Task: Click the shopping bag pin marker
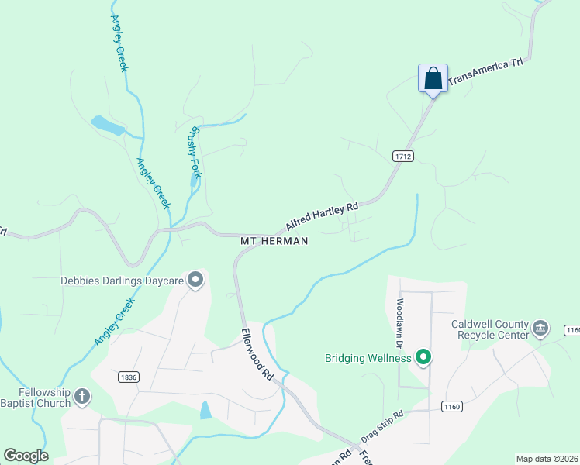(433, 78)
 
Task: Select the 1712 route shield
(402, 156)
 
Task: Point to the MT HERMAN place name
(274, 241)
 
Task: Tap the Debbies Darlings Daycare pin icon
(195, 280)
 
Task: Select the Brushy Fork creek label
(193, 152)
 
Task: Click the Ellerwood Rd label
(257, 353)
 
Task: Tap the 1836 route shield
(129, 377)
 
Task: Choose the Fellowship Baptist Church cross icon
(82, 398)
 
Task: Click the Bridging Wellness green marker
(423, 357)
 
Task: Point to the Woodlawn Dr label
(401, 321)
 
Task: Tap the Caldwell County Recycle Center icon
(540, 329)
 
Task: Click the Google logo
(26, 456)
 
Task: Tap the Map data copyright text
(547, 459)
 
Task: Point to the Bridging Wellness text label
(368, 358)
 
